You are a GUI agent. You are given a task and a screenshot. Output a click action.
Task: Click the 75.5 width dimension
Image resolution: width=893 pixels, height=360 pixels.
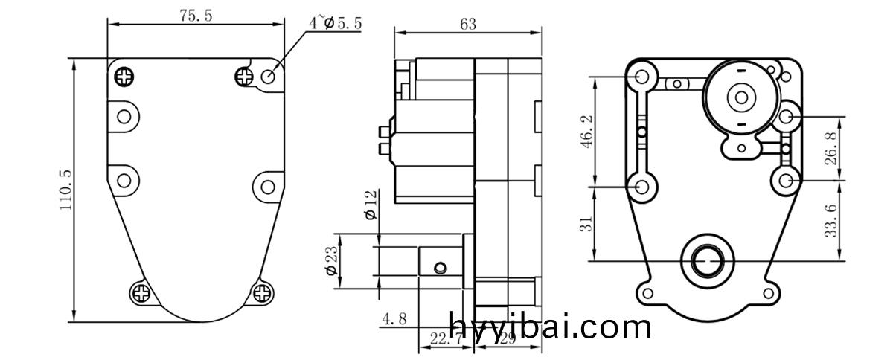tap(195, 16)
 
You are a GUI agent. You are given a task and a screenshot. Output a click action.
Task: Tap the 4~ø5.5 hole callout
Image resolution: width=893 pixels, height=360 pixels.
tap(336, 23)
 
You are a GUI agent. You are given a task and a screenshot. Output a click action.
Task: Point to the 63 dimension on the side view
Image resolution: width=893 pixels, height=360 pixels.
tap(467, 25)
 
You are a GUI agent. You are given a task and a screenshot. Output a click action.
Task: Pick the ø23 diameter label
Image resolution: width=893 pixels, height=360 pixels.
tap(331, 261)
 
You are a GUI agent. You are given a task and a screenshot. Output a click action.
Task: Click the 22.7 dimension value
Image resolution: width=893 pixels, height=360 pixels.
tap(437, 339)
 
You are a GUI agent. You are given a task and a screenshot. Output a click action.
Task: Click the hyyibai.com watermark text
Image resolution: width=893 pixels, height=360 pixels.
tap(551, 327)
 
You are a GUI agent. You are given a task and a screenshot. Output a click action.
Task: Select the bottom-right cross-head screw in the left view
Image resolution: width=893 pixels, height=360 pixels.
tap(263, 293)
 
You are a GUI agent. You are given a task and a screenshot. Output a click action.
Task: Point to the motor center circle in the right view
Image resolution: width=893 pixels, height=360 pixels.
tap(740, 97)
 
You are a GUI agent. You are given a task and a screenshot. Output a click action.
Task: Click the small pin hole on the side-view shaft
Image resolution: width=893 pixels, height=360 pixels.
tap(441, 266)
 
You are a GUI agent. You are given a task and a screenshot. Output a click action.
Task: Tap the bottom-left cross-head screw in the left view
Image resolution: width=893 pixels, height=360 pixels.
tap(141, 293)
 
